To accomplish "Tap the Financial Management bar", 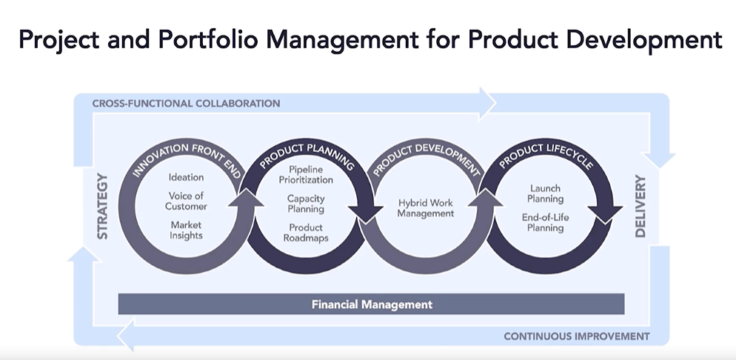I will pos(371,304).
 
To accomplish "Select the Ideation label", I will pos(186,177).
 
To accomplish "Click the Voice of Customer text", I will pos(186,201).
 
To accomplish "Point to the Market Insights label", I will pos(186,230).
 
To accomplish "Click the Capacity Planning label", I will pos(306,204).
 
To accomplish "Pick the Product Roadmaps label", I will pos(306,233).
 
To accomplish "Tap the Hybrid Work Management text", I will pos(425,207).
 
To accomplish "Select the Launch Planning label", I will pos(546,193).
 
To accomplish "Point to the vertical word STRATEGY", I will pos(102,207).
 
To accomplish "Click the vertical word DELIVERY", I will pos(640,207).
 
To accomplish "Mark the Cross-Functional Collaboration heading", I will pos(186,103).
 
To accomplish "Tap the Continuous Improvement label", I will pos(576,336).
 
